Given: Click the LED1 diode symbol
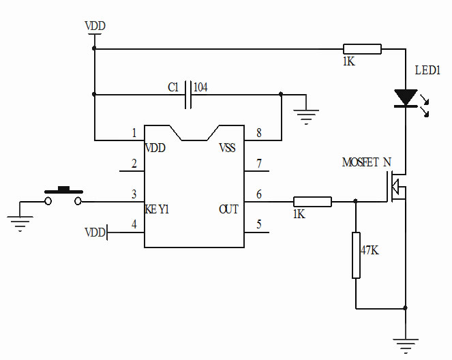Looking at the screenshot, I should click(x=406, y=98).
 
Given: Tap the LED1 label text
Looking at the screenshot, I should click(x=427, y=70).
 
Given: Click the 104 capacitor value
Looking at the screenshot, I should click(x=201, y=87).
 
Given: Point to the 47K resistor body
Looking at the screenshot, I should click(x=356, y=255).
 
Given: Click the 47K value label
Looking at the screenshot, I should click(x=369, y=250).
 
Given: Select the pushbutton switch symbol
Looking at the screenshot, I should click(x=63, y=196).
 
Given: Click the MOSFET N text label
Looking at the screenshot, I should click(x=366, y=162).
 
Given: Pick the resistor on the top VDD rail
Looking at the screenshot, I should click(x=362, y=48).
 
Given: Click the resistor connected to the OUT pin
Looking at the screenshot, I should click(x=312, y=201).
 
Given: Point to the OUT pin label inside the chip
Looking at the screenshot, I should click(x=229, y=209).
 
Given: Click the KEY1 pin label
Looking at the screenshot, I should click(x=157, y=209).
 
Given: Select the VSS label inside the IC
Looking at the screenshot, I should click(x=227, y=148).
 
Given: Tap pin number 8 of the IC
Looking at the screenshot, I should click(x=258, y=134).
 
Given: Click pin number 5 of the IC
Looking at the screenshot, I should click(x=258, y=224).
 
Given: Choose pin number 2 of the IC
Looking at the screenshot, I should click(x=134, y=164).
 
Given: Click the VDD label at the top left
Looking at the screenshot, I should click(x=95, y=27).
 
